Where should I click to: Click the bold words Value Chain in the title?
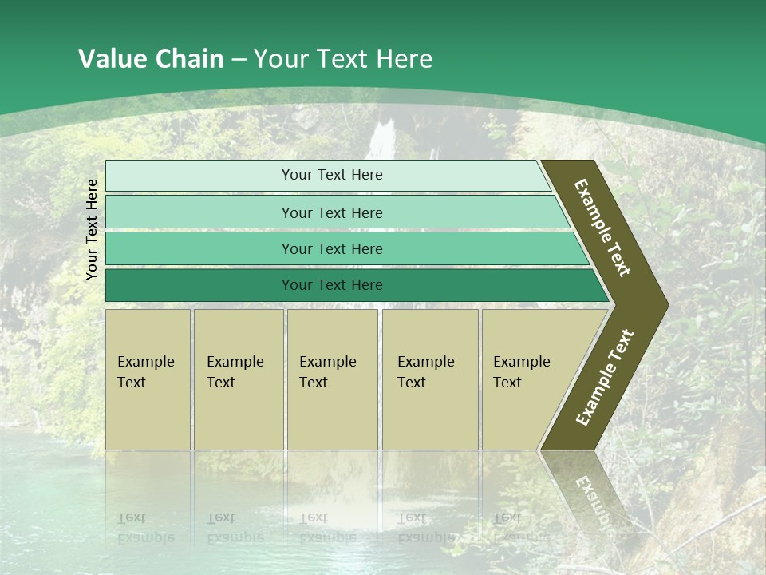(151, 58)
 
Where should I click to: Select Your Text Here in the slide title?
(343, 58)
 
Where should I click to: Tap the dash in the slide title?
(239, 59)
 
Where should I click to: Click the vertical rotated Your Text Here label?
(92, 229)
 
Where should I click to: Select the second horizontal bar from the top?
(332, 212)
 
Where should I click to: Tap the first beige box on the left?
(148, 379)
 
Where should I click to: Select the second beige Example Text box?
(238, 379)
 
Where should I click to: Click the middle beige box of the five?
(332, 379)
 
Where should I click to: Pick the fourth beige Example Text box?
(430, 379)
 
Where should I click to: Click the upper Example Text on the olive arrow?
(603, 228)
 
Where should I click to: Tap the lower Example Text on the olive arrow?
(605, 377)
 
